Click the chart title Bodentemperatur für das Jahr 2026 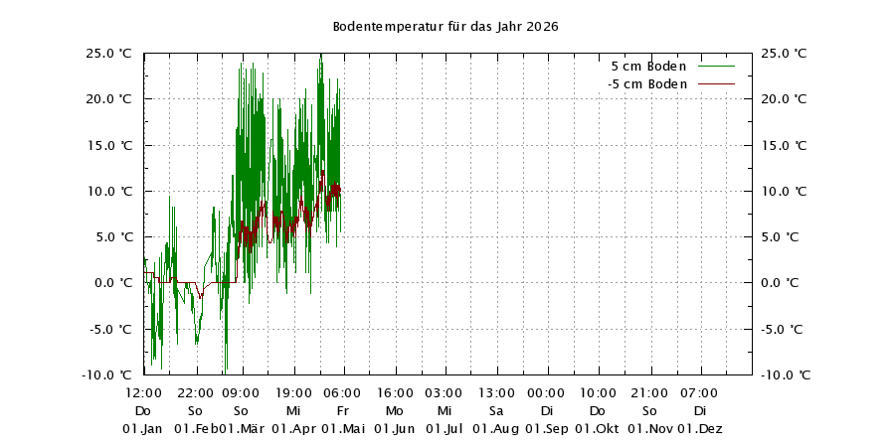point(445,26)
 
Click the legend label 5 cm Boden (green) point(648,66)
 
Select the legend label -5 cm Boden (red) point(647,84)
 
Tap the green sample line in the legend point(716,66)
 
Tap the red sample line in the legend point(716,84)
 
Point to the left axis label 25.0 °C point(109,53)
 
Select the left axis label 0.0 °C point(113,282)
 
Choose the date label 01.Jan point(143,429)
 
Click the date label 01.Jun point(395,429)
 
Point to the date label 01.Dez point(700,429)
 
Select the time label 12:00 point(143,393)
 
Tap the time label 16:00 point(395,393)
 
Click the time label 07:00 point(700,393)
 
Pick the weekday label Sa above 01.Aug point(496,411)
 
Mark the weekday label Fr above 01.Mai point(343,411)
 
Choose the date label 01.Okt point(598,429)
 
